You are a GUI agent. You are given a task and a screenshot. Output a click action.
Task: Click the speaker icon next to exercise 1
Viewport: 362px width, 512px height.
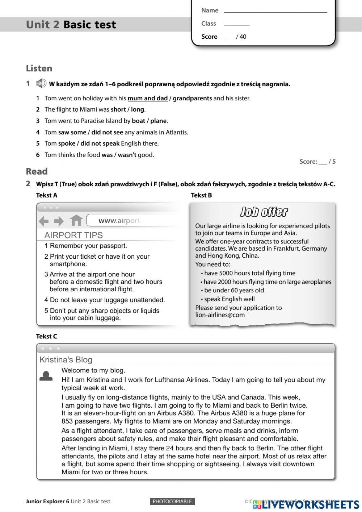coord(41,84)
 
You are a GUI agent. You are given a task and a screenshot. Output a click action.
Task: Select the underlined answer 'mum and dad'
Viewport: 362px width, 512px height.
coord(147,98)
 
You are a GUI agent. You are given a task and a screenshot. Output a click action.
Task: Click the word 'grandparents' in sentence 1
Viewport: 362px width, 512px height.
coord(192,98)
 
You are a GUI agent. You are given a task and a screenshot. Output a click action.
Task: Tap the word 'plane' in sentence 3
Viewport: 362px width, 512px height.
coord(158,121)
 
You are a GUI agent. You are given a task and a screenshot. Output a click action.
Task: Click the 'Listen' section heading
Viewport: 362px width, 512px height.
coord(39,68)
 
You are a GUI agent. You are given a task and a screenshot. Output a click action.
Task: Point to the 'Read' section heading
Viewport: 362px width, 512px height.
coord(37,171)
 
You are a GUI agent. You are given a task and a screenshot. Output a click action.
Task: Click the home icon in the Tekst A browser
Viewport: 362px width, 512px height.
coord(76,220)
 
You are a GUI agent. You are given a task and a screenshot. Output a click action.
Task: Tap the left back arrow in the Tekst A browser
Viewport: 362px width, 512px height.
coord(43,221)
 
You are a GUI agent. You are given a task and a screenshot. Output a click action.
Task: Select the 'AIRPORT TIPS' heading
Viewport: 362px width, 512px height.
coord(73,235)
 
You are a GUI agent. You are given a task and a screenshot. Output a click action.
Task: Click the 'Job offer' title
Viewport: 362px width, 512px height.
coord(264,212)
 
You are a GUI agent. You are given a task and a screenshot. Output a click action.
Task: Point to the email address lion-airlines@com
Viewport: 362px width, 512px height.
coord(220,315)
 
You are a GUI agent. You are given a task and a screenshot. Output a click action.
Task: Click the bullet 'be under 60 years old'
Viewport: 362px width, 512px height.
coord(234,290)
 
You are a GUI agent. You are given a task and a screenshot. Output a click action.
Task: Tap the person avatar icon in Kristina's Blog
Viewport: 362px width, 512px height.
coord(46,376)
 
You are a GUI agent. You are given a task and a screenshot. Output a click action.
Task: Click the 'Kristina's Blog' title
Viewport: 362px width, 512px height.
coord(66,360)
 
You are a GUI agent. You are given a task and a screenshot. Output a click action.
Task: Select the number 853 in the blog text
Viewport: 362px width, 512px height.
coord(67,421)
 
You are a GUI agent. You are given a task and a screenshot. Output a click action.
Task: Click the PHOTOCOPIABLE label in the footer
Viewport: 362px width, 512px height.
coord(172,501)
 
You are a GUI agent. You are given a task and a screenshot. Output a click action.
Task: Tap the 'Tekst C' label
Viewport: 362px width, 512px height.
coord(46,336)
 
